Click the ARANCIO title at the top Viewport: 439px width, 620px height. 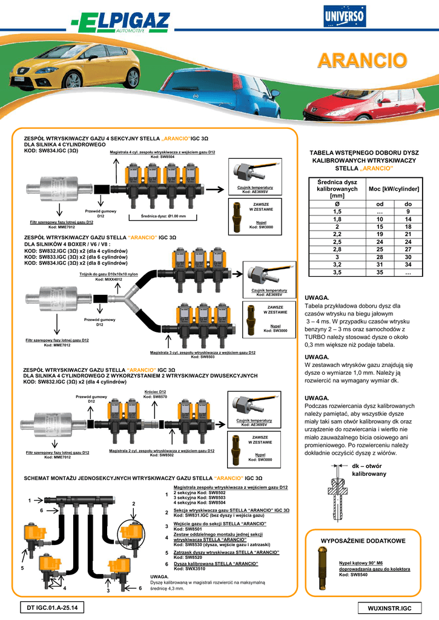363,61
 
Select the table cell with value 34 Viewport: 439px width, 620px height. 408,264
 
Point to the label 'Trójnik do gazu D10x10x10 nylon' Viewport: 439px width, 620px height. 108,274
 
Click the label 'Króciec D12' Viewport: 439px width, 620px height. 155,392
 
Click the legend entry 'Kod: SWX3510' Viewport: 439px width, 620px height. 190,569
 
